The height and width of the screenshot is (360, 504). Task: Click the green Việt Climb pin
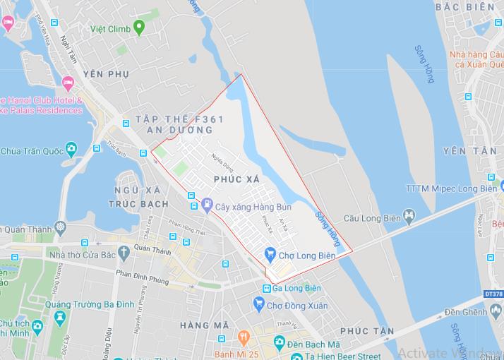click(x=139, y=28)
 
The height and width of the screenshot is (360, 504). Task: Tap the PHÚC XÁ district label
click(x=236, y=180)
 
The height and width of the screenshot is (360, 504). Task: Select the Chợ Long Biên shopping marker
click(x=270, y=253)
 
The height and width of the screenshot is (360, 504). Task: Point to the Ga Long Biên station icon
click(x=267, y=288)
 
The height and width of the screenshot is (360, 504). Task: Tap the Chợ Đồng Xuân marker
click(x=259, y=305)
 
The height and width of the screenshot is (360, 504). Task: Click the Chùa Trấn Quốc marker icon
click(x=71, y=150)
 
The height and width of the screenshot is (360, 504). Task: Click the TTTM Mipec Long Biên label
click(x=450, y=188)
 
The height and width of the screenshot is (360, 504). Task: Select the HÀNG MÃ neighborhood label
click(x=204, y=325)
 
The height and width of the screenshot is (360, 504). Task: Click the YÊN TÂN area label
click(x=464, y=151)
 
